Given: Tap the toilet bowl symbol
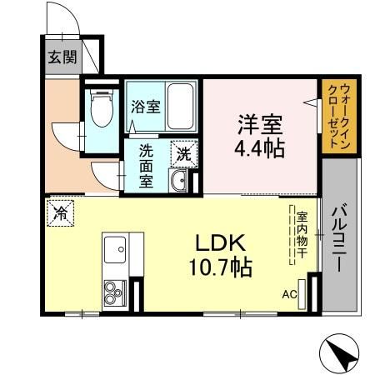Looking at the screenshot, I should (x=102, y=110).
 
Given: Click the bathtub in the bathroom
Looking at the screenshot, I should (x=181, y=106).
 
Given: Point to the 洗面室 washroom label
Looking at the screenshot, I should (x=147, y=166).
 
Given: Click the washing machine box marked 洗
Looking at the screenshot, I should (x=182, y=153).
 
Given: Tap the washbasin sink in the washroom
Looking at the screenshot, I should (x=178, y=181).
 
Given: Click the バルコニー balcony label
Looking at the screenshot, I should (x=341, y=237).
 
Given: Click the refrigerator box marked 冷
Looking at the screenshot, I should (x=61, y=212).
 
